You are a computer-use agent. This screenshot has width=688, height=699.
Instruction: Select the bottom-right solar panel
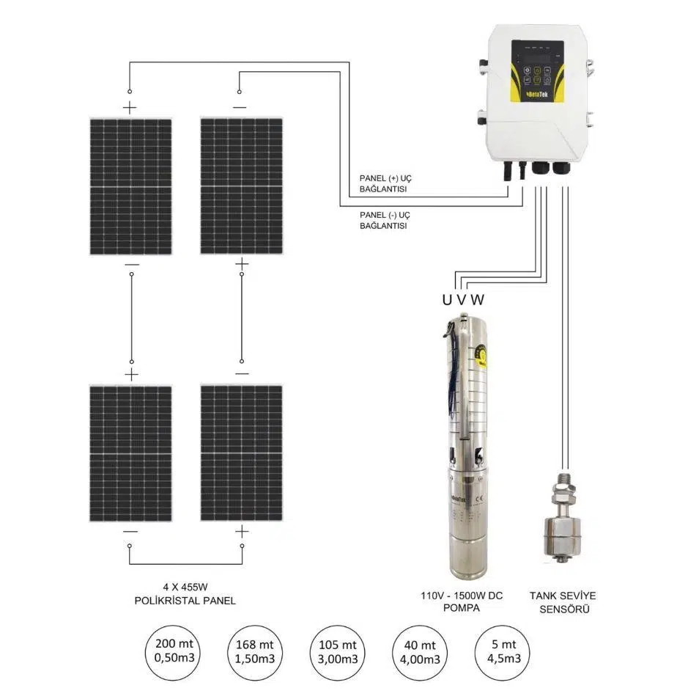point(241,453)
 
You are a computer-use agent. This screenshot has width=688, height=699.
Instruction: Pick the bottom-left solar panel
point(130,453)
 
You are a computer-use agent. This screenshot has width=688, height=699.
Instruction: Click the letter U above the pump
point(446,299)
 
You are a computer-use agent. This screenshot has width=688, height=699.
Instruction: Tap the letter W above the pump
point(478,299)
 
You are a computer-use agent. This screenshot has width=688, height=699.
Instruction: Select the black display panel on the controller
point(537,67)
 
